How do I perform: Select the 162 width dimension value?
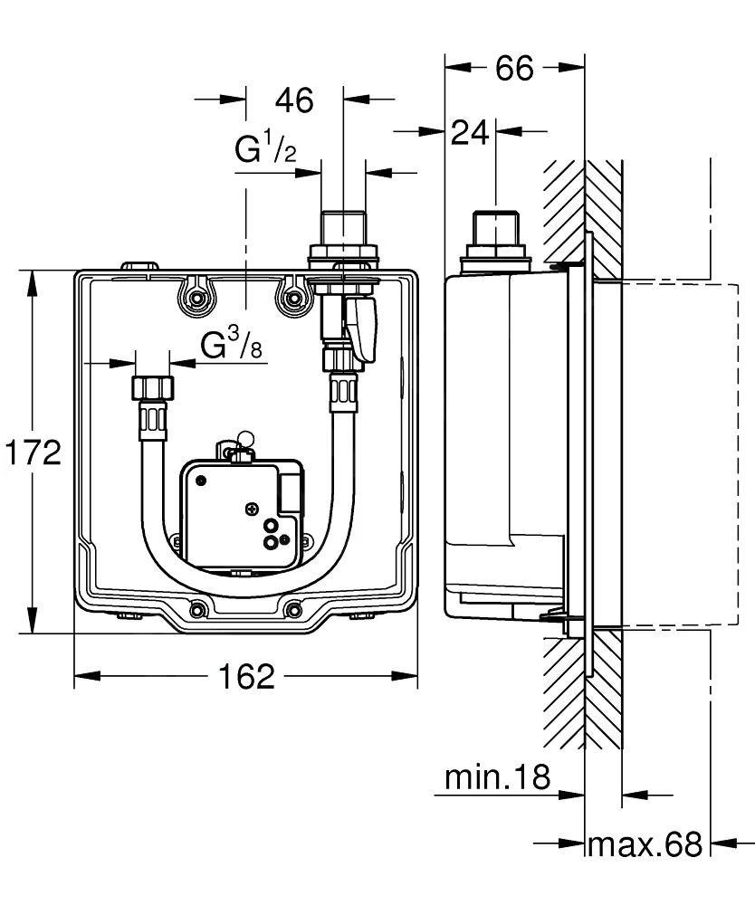coord(245,675)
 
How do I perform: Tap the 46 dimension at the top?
coord(293,100)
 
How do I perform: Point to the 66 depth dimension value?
coord(514,68)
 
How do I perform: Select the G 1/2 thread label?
coord(265,149)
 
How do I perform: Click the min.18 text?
coord(497,776)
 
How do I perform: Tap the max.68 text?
coord(644,844)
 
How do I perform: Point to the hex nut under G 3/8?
coord(152,387)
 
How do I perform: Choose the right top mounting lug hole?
coord(291,296)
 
